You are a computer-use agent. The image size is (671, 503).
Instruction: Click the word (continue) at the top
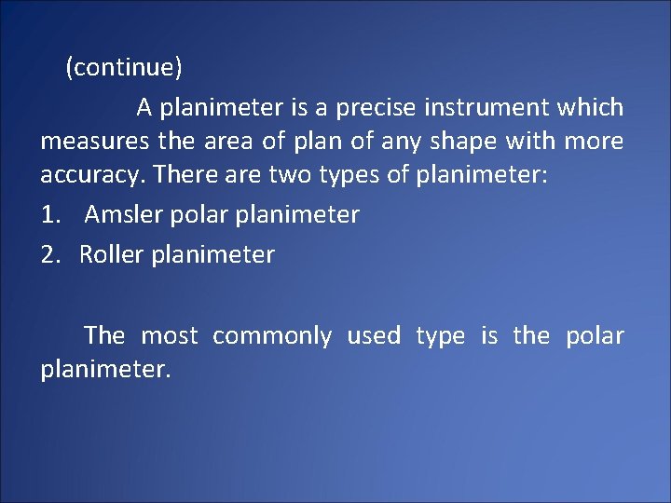124,68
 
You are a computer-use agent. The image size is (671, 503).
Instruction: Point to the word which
590,108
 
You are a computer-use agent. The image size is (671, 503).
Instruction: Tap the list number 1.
50,214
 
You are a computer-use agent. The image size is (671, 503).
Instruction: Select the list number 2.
50,254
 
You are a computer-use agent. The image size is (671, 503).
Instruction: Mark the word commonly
272,335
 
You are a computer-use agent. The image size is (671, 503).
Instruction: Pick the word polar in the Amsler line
199,214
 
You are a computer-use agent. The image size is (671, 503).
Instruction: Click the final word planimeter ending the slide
105,370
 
